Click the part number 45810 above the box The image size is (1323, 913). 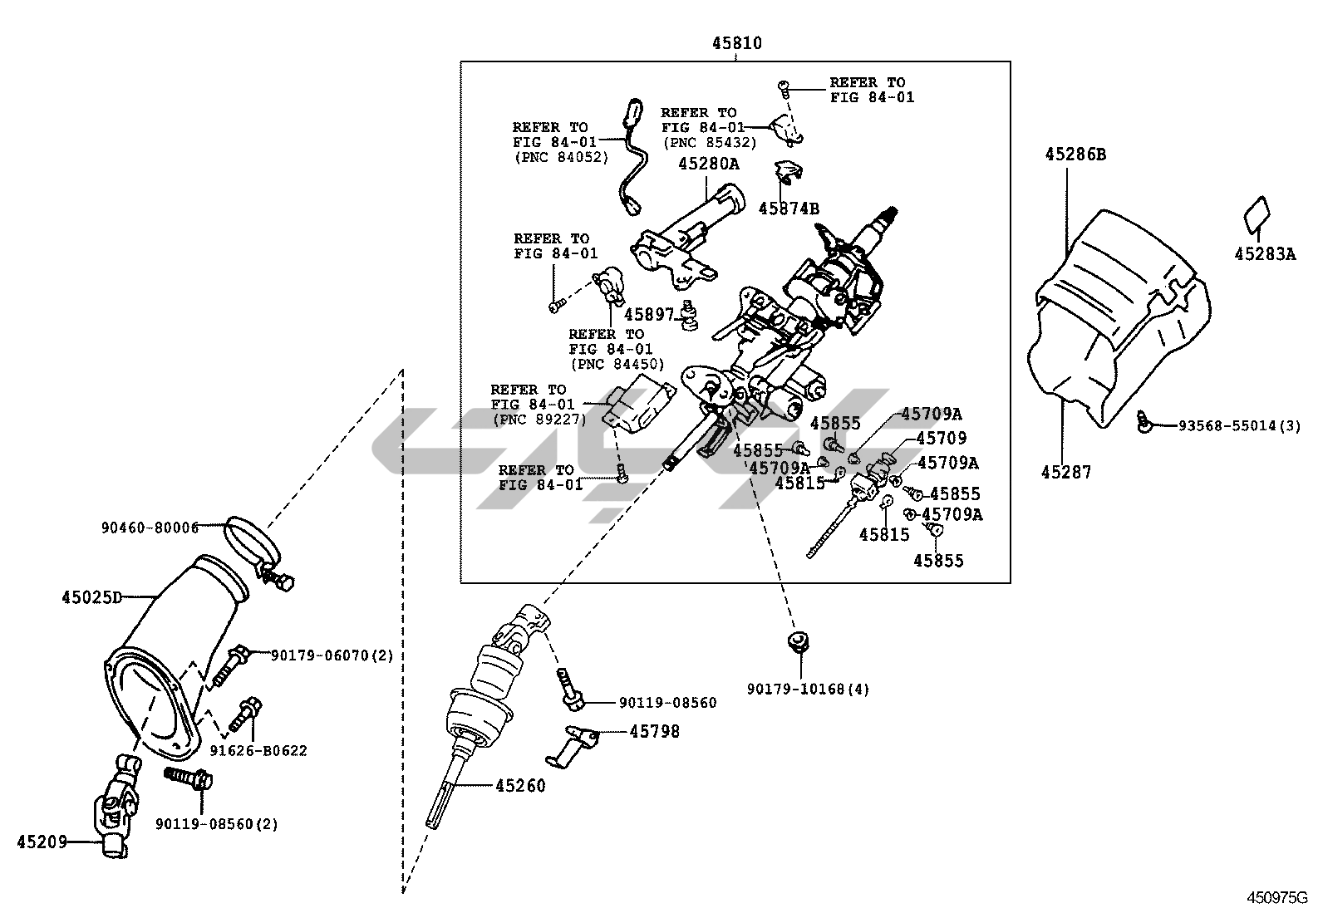tap(736, 43)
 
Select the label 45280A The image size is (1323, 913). tap(708, 164)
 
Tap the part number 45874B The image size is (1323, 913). tap(789, 209)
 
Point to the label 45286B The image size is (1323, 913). tap(1075, 155)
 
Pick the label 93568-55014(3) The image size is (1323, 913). tap(1239, 425)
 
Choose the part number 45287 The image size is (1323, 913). tap(1066, 472)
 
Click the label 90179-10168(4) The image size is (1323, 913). tap(808, 689)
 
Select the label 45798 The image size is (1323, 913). tap(654, 731)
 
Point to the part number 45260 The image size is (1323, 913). tap(521, 785)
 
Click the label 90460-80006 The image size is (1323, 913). tap(150, 527)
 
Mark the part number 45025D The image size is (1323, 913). tap(91, 596)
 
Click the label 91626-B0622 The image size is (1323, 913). tap(258, 751)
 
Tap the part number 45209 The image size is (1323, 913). tap(42, 842)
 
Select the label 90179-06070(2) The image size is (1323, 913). tap(332, 655)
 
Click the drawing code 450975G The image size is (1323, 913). tap(1276, 898)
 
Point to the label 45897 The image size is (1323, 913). tap(649, 314)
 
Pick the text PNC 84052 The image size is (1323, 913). tap(561, 157)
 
